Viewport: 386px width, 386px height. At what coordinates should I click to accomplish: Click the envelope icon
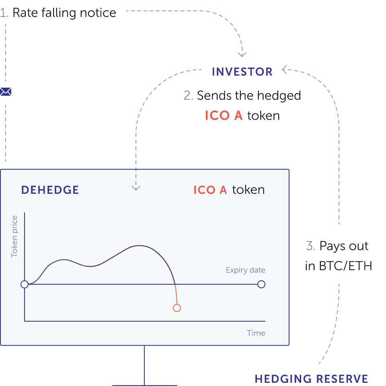click(x=6, y=92)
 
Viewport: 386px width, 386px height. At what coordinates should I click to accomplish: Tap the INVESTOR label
click(x=242, y=72)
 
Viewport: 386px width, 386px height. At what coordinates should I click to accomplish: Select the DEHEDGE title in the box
click(x=50, y=190)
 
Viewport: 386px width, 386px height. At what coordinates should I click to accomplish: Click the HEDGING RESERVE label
click(x=311, y=379)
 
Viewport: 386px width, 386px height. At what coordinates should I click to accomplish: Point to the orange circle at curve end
click(x=177, y=308)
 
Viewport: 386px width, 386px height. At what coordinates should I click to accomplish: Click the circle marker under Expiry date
click(x=261, y=284)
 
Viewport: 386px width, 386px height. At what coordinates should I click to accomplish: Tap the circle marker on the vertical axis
click(x=25, y=284)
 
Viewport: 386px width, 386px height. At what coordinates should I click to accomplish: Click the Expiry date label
click(x=245, y=270)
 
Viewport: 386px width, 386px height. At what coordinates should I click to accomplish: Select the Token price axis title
click(x=14, y=236)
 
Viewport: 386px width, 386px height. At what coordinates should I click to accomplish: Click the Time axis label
click(x=256, y=333)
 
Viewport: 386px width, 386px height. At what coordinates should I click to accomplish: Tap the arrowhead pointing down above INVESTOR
click(x=242, y=54)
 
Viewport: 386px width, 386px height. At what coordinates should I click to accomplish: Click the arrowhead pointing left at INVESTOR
click(x=284, y=70)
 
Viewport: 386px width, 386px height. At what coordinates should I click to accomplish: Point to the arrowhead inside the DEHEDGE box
click(x=136, y=188)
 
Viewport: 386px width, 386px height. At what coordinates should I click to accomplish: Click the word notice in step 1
click(x=98, y=13)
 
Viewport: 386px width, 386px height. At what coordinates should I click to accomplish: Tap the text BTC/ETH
click(x=345, y=266)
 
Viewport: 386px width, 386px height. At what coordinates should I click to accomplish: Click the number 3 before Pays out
click(x=310, y=246)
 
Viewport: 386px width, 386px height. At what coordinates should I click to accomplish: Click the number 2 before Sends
click(x=188, y=96)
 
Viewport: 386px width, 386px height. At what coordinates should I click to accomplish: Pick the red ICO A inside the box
click(x=210, y=190)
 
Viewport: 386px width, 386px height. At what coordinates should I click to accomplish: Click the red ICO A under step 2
click(x=224, y=116)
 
